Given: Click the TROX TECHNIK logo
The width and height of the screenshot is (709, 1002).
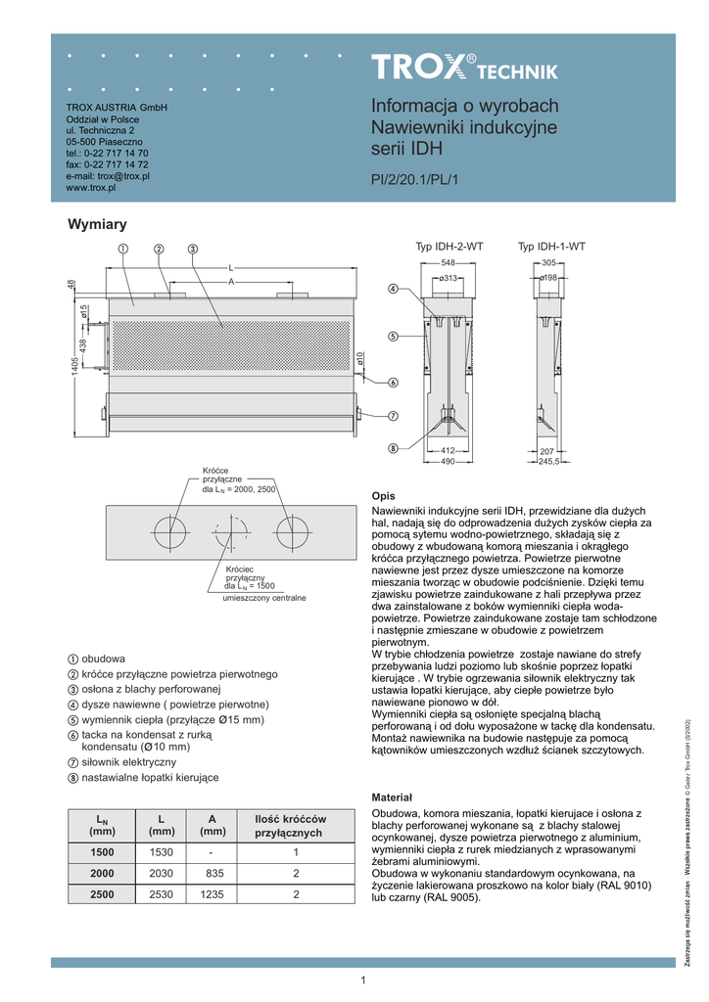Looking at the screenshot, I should (464, 68).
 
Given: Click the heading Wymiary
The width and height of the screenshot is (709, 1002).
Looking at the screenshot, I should (97, 225).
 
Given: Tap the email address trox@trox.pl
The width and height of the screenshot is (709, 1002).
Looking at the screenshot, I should (122, 176).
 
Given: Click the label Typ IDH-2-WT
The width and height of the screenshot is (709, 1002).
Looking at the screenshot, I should (449, 249).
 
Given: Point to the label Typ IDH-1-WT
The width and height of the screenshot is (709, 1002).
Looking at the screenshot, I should (551, 249).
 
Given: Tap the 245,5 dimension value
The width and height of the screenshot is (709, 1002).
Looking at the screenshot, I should (549, 461).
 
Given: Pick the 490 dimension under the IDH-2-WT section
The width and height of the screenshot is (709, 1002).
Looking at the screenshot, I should (449, 461).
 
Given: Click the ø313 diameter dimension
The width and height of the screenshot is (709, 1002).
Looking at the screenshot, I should (449, 279).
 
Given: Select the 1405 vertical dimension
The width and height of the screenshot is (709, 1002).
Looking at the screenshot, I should (73, 371).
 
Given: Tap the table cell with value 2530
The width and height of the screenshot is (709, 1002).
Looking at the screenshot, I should (161, 894).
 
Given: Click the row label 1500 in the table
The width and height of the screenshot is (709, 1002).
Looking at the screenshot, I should (102, 851).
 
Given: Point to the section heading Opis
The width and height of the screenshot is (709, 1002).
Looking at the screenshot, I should (384, 496).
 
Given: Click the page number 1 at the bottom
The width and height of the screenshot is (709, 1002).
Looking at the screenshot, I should (362, 981).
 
